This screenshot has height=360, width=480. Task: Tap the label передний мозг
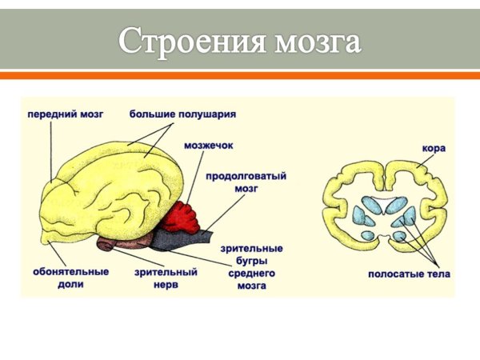pos(66,114)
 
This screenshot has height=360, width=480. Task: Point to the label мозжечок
pos(208,146)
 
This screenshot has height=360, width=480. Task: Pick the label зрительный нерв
pos(166,278)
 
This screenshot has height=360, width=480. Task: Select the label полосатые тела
pos(409,274)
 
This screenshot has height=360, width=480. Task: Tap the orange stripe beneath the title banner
pos(240,75)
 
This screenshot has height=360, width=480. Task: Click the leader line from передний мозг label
pos(52,152)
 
